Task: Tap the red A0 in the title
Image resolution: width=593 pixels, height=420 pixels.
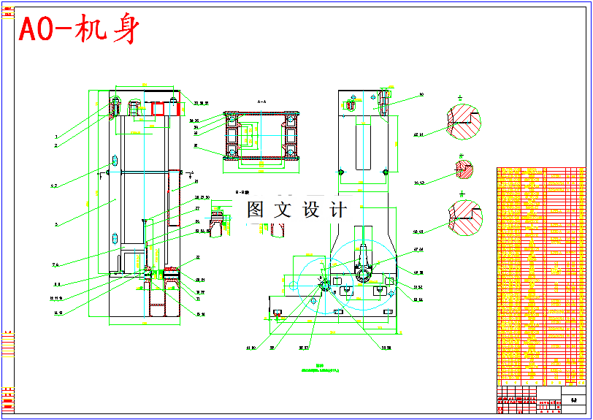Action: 35,30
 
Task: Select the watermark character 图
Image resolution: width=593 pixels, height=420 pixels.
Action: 255,210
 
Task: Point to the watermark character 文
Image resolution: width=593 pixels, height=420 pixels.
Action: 282,210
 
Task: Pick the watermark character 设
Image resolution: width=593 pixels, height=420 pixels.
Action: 310,210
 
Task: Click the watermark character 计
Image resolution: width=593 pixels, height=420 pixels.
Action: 337,210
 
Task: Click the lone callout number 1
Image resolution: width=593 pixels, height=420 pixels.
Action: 56,137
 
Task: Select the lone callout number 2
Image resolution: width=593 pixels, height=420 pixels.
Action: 56,145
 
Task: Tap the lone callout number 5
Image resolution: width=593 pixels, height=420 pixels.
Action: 56,224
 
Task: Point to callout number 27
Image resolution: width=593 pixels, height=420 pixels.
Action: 197,208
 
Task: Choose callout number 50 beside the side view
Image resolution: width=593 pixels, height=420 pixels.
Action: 421,95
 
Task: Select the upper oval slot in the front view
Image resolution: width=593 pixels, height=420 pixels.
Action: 115,161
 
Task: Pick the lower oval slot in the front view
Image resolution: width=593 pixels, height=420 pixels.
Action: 115,238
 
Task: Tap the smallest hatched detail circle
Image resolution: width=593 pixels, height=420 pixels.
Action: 462,167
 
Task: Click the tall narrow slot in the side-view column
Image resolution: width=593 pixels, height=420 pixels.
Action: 363,146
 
